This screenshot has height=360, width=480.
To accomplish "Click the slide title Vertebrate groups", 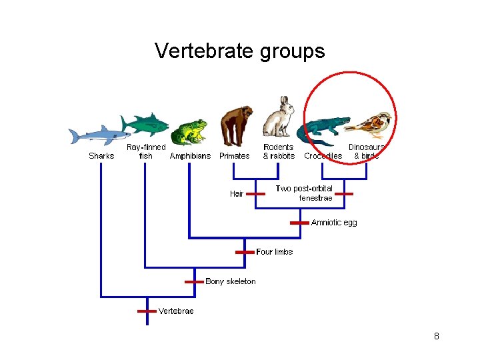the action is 239,51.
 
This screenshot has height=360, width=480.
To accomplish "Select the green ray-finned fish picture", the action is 146,124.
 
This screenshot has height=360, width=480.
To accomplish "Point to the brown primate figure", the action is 236,125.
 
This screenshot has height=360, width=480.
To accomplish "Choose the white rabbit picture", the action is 278,118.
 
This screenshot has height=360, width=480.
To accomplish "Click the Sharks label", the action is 101,156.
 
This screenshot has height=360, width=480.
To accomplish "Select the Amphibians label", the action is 190,156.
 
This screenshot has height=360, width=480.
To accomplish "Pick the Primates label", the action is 235,156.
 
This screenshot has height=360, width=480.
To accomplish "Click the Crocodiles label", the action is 323,156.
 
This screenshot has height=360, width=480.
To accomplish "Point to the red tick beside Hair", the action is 255,194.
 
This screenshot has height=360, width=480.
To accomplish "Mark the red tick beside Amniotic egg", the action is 299,223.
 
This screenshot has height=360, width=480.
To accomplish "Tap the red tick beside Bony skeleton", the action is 194,281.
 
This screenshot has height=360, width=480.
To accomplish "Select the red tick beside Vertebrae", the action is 146,311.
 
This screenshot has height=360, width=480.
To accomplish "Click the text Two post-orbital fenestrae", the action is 305,193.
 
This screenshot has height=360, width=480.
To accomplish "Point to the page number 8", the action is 436,336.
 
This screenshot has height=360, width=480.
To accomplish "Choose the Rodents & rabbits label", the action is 279,151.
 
